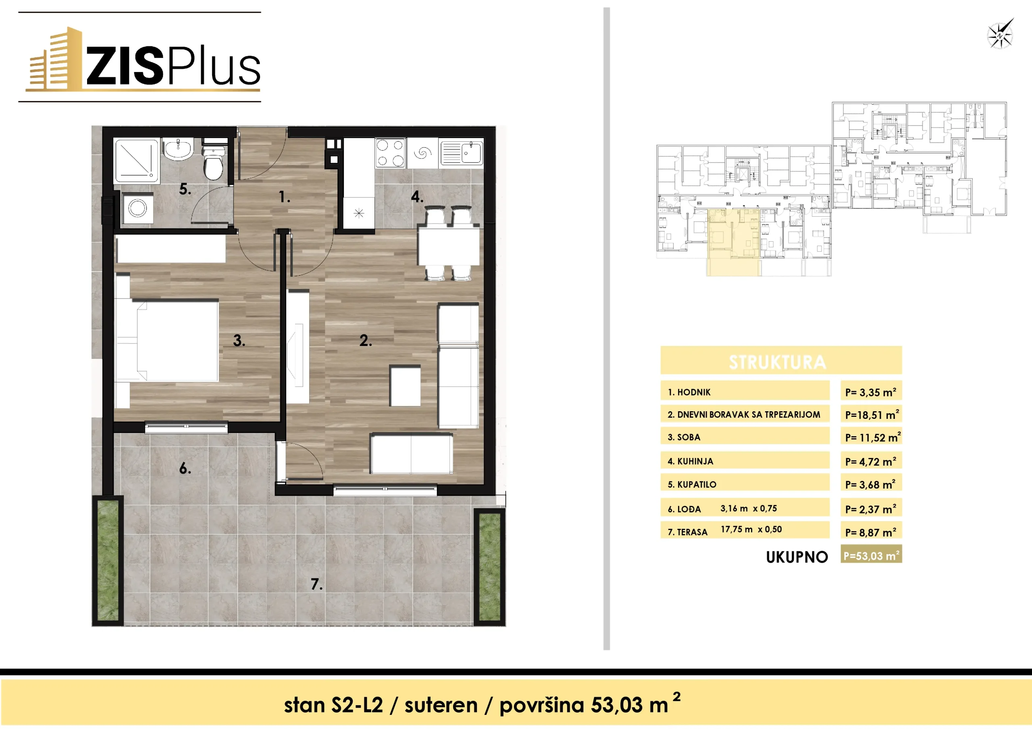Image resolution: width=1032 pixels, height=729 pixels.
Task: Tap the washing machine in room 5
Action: (x=137, y=208)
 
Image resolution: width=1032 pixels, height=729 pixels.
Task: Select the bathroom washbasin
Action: (x=179, y=149)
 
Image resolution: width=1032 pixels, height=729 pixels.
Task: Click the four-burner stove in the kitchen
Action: (x=390, y=153)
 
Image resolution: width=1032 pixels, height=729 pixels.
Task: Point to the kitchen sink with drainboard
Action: (x=462, y=153)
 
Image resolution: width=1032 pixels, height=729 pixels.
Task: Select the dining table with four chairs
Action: (x=449, y=243)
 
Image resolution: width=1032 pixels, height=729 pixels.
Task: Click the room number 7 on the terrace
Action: (x=316, y=584)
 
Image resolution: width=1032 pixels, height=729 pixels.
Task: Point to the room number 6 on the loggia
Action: (x=185, y=468)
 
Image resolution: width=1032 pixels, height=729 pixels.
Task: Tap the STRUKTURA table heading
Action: (x=777, y=362)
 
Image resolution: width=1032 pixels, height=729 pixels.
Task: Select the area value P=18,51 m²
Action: (x=872, y=414)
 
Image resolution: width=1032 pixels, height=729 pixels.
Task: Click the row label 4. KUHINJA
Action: (x=691, y=461)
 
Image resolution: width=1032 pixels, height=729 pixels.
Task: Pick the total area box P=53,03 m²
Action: (x=871, y=555)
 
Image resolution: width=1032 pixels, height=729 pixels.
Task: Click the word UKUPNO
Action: (x=797, y=557)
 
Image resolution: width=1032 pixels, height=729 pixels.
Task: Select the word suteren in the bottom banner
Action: (x=441, y=705)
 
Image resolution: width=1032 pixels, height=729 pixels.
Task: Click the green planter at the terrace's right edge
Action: (x=489, y=567)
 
